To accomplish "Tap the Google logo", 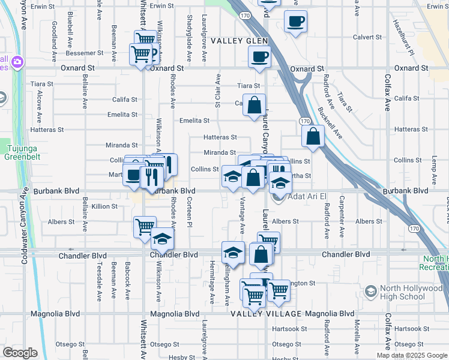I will [x=20, y=353].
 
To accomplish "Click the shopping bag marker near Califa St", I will [x=255, y=106].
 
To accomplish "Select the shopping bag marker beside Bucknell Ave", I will [x=313, y=136].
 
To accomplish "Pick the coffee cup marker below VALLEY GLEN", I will [x=259, y=57].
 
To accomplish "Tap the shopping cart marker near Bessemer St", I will [x=140, y=54].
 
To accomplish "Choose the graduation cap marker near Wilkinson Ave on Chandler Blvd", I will [x=162, y=239].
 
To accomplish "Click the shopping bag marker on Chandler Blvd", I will [x=261, y=254].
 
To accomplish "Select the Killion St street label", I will [x=104, y=206].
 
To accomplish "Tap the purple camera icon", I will [x=17, y=62].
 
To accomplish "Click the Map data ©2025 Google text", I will [x=412, y=355].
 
